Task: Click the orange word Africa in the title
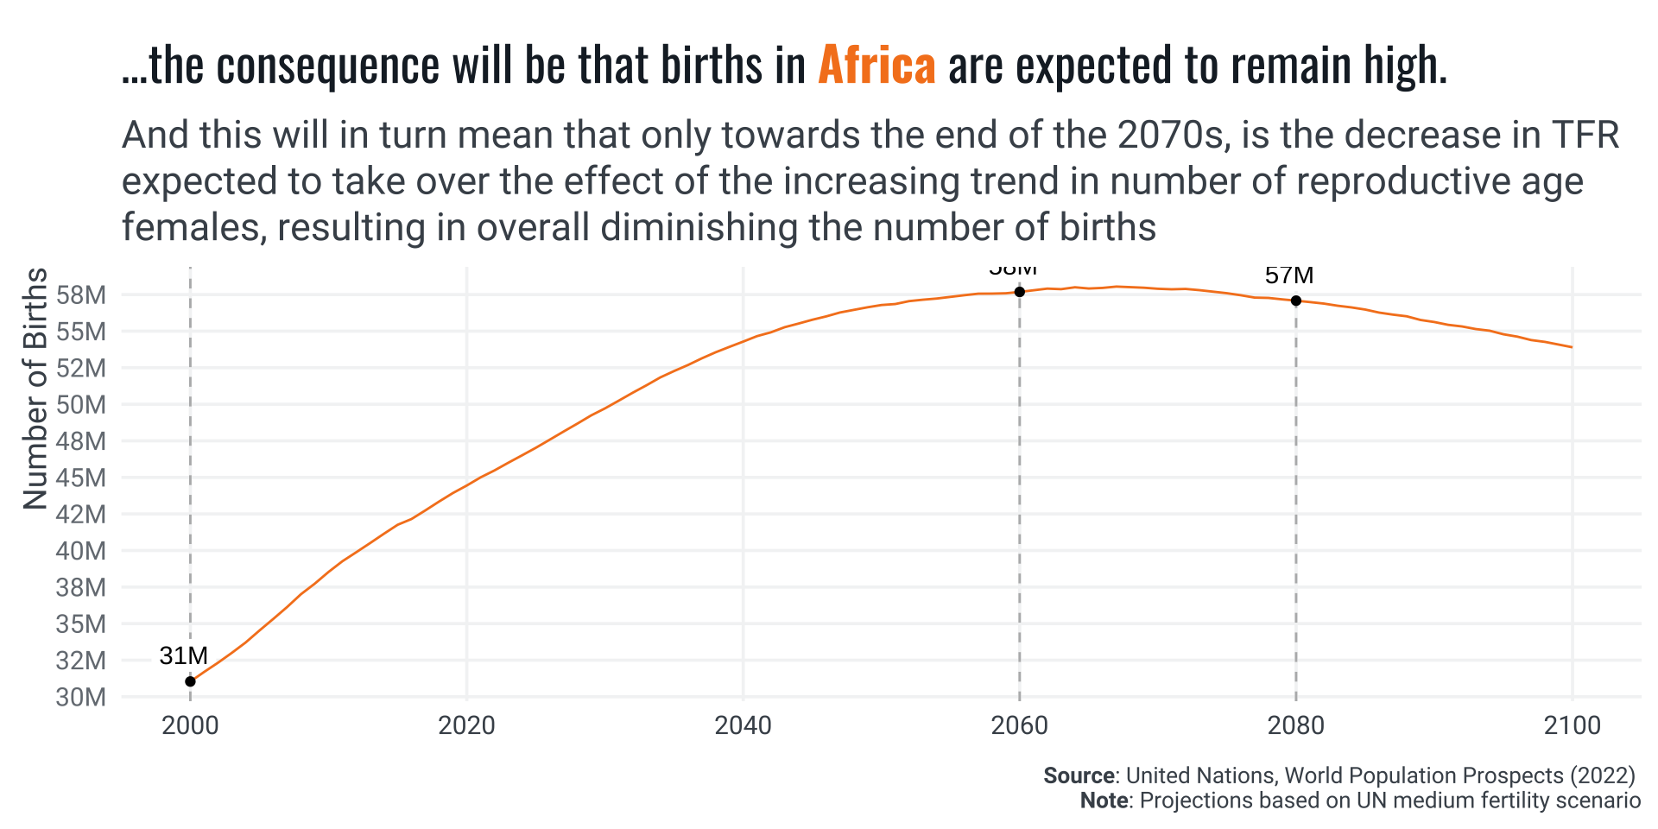point(876,66)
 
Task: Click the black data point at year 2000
point(190,681)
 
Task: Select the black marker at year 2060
point(1019,292)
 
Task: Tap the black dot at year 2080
point(1295,301)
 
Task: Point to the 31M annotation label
point(183,656)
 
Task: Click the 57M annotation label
point(1288,275)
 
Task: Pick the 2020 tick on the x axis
point(466,725)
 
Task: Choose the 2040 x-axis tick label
point(743,725)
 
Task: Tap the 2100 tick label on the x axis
point(1572,725)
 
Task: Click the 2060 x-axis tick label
point(1019,725)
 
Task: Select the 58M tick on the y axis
point(81,295)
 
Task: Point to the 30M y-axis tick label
point(81,697)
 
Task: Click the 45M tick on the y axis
point(81,478)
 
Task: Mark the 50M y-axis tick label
point(81,405)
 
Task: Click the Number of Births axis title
point(35,388)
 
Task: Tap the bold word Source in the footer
point(1079,775)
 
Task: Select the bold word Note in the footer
point(1104,801)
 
